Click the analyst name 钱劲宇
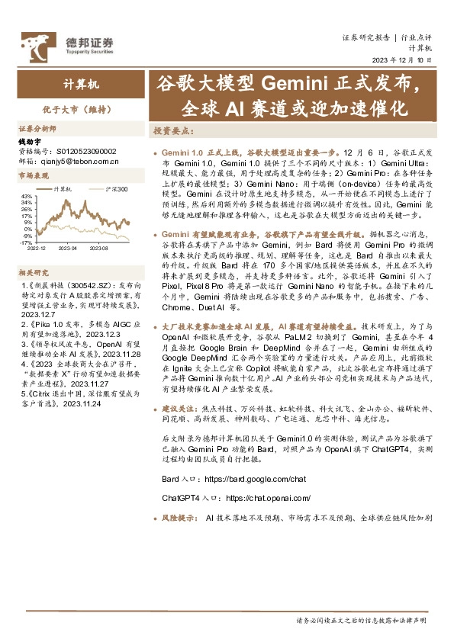pyautogui.click(x=29, y=142)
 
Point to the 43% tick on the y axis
pyautogui.click(x=27, y=196)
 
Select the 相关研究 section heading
pyautogui.click(x=34, y=272)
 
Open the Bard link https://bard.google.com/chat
pyautogui.click(x=255, y=479)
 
